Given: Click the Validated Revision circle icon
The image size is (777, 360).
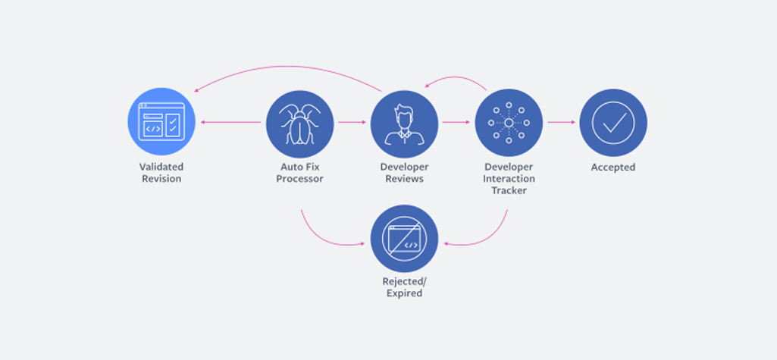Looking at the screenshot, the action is point(161,122).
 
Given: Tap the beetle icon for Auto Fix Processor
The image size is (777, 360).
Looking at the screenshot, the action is point(299,124).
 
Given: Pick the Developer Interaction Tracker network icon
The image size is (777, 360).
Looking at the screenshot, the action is point(509,122).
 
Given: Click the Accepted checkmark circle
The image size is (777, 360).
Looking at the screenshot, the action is point(613,122).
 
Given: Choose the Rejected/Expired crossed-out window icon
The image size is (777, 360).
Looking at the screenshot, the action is point(404,238).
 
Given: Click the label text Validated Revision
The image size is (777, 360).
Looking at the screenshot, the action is point(161,173).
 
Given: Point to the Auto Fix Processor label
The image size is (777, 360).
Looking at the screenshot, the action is point(299,173).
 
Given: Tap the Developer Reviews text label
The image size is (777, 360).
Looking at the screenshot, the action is point(404,173).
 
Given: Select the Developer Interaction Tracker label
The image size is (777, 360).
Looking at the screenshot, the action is point(509,178).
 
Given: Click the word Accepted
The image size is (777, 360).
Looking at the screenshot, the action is point(613,167).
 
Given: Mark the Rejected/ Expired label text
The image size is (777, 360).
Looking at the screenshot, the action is point(404,287).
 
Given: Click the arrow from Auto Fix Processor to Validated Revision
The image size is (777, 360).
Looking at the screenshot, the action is point(230,122).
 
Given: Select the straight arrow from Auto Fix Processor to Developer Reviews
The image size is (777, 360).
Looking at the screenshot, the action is point(352,122).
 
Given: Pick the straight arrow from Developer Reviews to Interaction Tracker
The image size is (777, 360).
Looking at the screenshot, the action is point(456,122).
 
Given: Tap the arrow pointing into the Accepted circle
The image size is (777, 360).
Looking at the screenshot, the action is point(562,122).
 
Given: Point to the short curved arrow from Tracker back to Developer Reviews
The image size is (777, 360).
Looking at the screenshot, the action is point(456,77).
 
